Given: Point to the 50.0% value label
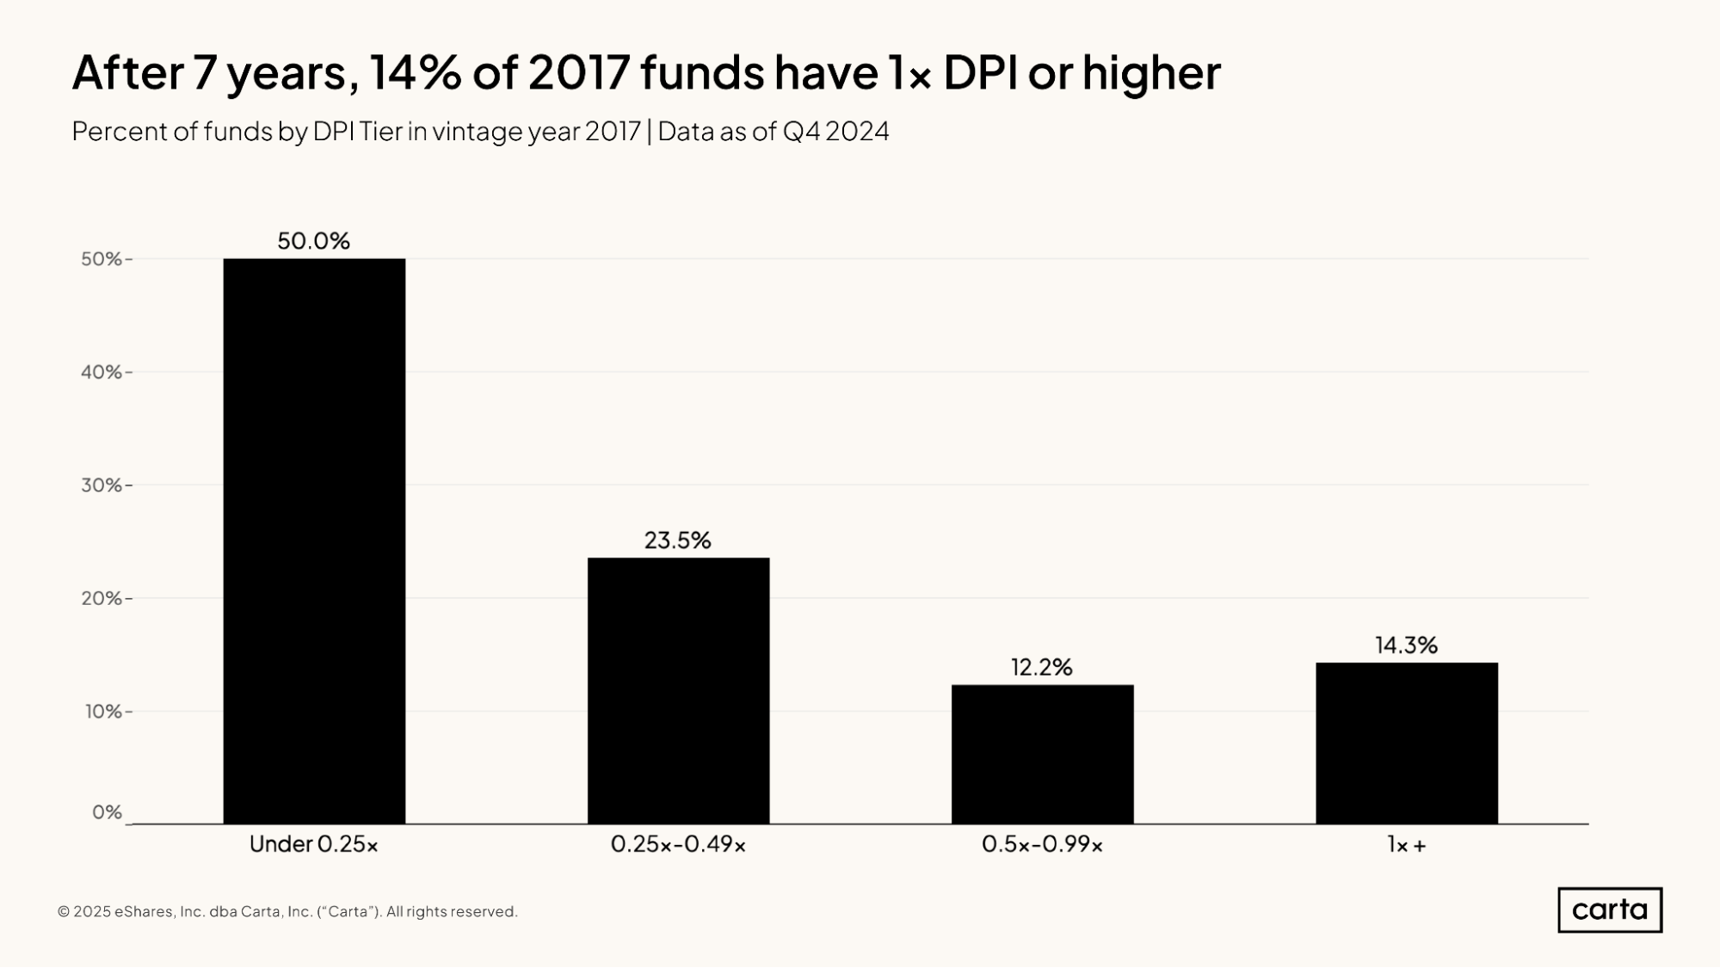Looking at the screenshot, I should tap(313, 241).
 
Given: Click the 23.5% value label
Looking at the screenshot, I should tap(678, 540).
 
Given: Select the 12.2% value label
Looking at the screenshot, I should tap(1041, 667).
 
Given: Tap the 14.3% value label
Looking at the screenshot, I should tap(1406, 645).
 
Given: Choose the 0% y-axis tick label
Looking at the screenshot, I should tap(107, 812).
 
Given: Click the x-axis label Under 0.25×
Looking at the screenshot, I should tap(313, 845).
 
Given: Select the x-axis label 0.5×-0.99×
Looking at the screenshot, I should tap(1042, 845).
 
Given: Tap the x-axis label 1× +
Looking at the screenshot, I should tap(1406, 845).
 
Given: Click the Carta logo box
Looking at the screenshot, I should tap(1609, 909).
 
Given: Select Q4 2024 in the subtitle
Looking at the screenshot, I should tap(835, 132).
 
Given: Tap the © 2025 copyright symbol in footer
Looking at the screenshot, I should tap(64, 912).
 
